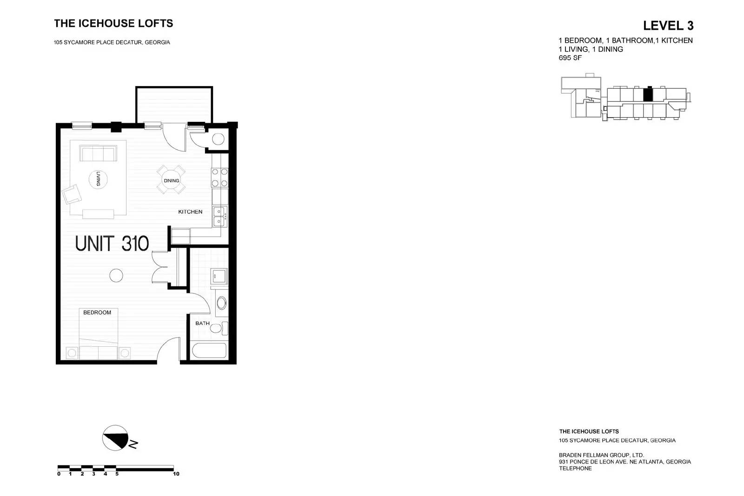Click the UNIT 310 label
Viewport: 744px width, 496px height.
click(x=112, y=244)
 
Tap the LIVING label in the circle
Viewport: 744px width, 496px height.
click(x=98, y=179)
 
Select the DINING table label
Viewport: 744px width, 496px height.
click(x=172, y=181)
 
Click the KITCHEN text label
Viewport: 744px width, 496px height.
click(x=190, y=212)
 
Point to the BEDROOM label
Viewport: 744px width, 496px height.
click(x=97, y=312)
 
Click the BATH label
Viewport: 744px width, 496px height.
click(x=202, y=323)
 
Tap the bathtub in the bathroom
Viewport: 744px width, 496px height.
click(x=209, y=351)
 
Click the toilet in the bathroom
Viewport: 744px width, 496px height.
click(x=219, y=328)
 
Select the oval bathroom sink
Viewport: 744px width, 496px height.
click(x=221, y=303)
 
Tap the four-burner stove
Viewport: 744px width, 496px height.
click(x=220, y=177)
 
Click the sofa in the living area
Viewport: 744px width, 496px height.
click(x=98, y=153)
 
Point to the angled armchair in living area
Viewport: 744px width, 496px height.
click(x=72, y=194)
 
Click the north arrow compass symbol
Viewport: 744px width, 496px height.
click(x=115, y=438)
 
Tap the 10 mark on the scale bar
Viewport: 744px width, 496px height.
click(x=176, y=474)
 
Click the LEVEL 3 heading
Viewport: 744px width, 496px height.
click(x=668, y=26)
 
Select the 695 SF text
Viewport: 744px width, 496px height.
click(x=570, y=58)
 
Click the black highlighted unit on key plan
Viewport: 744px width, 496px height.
click(x=648, y=94)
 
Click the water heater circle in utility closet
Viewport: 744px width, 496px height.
click(x=218, y=139)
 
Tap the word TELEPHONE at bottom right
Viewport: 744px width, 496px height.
click(x=575, y=469)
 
